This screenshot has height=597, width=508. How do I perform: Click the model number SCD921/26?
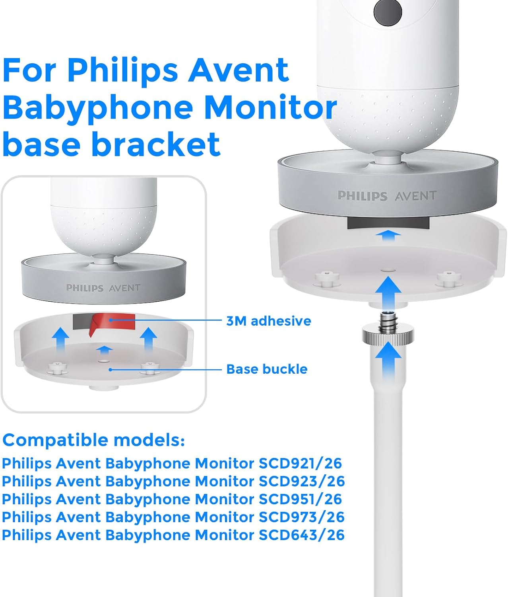[300, 463]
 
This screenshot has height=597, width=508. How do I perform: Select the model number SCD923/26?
[301, 481]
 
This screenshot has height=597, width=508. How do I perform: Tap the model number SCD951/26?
[300, 499]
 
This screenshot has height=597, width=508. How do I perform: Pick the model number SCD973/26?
[301, 517]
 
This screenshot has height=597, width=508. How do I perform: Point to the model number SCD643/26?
[301, 535]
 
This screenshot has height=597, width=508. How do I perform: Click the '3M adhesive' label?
[269, 321]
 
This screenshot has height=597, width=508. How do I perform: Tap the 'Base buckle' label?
[267, 369]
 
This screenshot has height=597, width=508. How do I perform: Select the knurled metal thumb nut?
[388, 335]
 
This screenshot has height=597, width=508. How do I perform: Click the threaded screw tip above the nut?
[388, 319]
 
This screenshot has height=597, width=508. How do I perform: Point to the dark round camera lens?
[388, 12]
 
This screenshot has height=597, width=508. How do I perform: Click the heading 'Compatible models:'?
[93, 440]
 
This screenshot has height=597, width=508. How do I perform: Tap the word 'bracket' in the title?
[156, 144]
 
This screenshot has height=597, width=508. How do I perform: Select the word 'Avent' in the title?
[238, 70]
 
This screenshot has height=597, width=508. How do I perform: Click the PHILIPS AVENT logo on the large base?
[387, 195]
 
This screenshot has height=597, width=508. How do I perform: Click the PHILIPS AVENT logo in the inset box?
[103, 288]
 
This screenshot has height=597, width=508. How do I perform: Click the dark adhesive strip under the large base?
[388, 223]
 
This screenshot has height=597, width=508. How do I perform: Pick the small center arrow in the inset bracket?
[105, 351]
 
